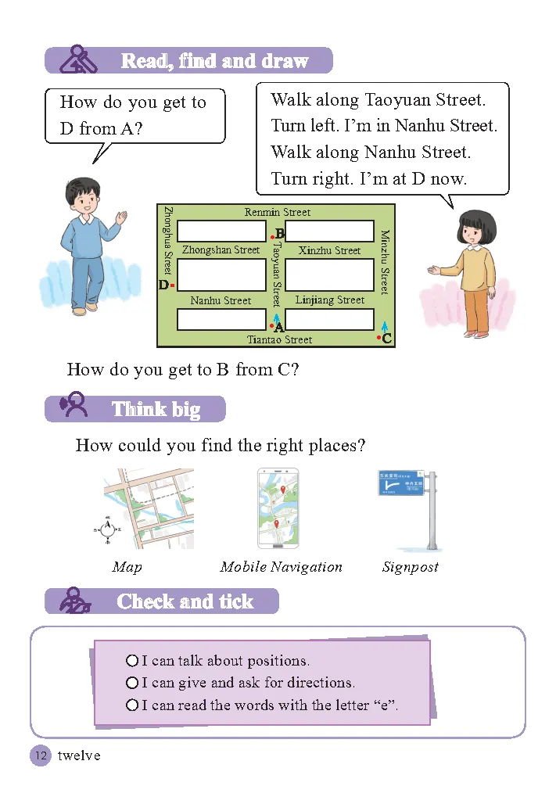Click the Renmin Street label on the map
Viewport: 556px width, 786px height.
(x=277, y=212)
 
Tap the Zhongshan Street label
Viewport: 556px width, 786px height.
(x=221, y=250)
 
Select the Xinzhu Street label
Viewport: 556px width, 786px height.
(x=329, y=250)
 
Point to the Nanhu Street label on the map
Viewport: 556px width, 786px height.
(x=221, y=300)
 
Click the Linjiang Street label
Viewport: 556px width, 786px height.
(x=329, y=300)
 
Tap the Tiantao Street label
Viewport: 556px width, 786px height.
(x=279, y=339)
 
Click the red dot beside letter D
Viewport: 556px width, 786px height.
(x=172, y=285)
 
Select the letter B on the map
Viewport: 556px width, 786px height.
(x=280, y=233)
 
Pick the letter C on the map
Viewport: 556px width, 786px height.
(x=386, y=339)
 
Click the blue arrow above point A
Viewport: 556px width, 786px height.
(x=276, y=318)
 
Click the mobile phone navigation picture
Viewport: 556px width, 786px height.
(x=278, y=508)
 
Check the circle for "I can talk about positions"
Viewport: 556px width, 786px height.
(x=132, y=661)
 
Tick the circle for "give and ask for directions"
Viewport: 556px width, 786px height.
(x=132, y=683)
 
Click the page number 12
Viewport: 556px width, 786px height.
(x=40, y=755)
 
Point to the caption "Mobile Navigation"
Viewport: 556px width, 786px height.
(x=281, y=567)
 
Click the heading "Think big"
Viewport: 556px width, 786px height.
(x=156, y=409)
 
